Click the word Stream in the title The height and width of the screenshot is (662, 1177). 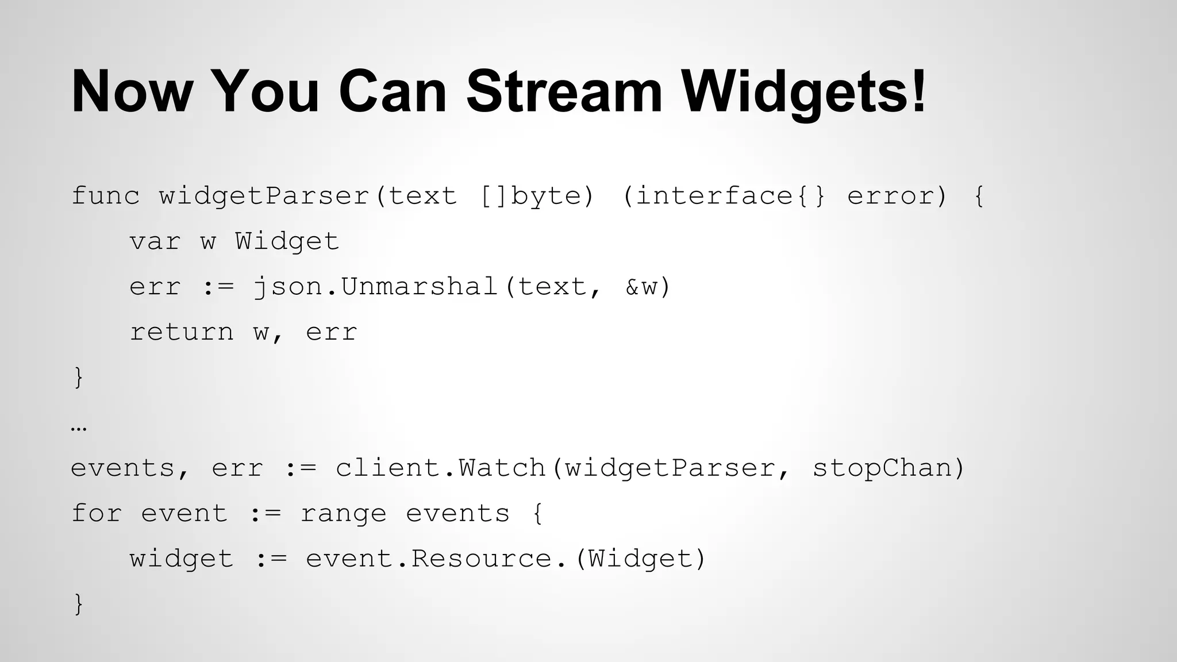564,92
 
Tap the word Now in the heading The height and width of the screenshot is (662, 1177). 130,92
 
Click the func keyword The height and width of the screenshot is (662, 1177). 105,196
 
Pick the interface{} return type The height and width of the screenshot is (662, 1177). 724,196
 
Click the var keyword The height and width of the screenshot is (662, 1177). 155,241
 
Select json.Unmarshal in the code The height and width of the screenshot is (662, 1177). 375,287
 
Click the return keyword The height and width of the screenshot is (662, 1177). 182,332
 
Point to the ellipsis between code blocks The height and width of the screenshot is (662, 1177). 79,428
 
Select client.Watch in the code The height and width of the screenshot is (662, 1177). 440,468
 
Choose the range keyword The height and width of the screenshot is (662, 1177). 343,513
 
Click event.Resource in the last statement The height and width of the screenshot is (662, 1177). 428,559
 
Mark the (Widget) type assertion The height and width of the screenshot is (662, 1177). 640,559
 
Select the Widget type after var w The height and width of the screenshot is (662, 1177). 287,241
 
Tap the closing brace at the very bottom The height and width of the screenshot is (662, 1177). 79,604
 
